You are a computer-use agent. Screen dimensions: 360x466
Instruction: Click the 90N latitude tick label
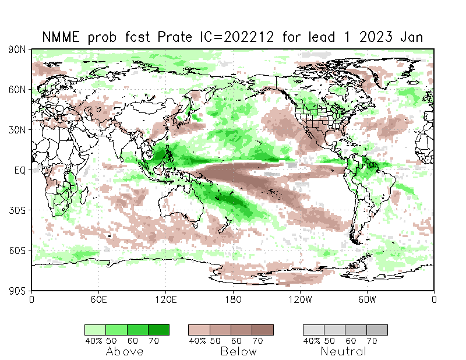click(17, 50)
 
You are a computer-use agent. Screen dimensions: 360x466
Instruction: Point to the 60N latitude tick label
click(17, 90)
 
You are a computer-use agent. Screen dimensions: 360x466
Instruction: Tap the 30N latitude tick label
click(17, 130)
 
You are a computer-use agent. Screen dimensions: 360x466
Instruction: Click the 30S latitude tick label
click(17, 210)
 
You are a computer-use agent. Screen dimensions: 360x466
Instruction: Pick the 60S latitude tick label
click(17, 250)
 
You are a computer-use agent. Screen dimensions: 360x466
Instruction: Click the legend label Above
click(125, 351)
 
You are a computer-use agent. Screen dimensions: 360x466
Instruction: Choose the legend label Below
click(238, 351)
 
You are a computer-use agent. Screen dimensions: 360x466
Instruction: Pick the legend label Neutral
click(344, 351)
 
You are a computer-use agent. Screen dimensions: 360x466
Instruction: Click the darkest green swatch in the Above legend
click(158, 330)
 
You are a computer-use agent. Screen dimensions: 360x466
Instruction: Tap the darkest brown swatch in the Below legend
click(262, 330)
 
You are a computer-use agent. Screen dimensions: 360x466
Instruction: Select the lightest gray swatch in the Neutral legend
click(313, 330)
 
